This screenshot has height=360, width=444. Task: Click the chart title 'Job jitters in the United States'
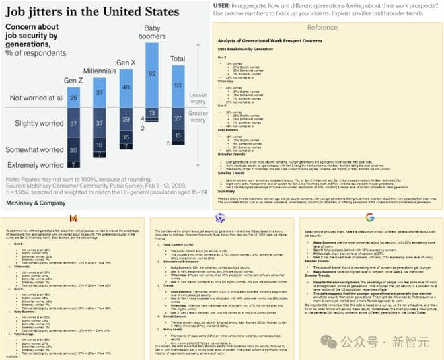coord(93,12)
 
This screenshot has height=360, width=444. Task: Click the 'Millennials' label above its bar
coord(100,71)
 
